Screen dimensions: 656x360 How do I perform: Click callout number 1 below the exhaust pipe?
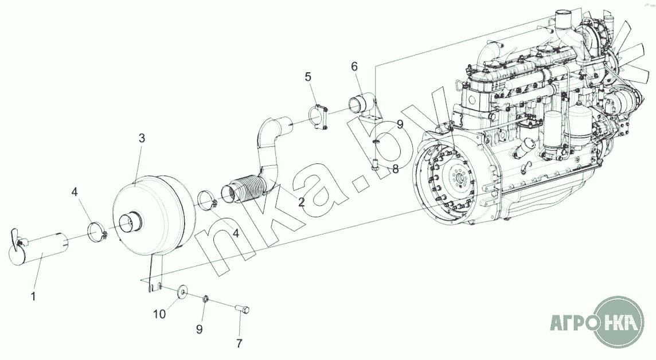[x=33, y=296]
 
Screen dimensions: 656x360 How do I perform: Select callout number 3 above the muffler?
[x=142, y=138]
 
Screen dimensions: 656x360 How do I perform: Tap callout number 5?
[x=308, y=77]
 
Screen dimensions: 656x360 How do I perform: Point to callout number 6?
[x=354, y=66]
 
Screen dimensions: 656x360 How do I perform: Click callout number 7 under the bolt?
[x=239, y=343]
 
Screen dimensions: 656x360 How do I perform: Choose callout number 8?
[x=395, y=169]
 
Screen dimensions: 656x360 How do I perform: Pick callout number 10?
[x=159, y=314]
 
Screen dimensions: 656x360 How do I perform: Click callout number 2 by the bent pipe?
[x=301, y=202]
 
